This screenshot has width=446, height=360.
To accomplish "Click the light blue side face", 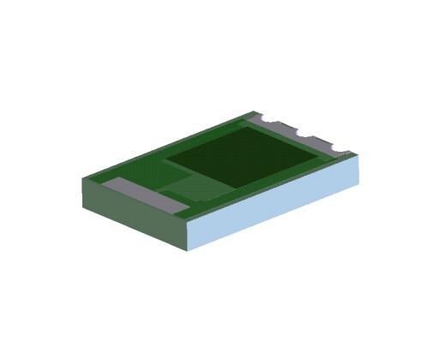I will pyautogui.click(x=274, y=201).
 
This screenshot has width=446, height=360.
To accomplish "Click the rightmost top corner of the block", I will pyautogui.click(x=353, y=154).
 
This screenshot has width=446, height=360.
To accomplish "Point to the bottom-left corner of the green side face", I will pyautogui.click(x=83, y=206).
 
